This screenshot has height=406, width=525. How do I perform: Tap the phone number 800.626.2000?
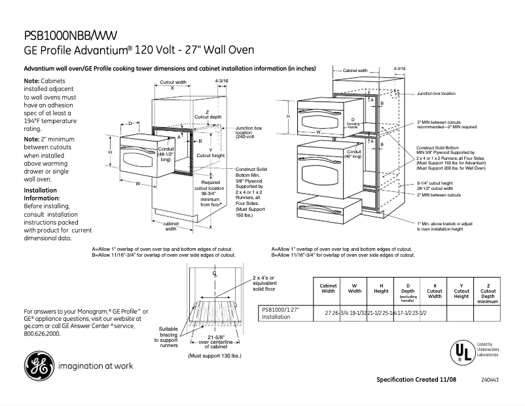coord(41,333)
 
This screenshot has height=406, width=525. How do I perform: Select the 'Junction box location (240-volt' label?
coord(249,133)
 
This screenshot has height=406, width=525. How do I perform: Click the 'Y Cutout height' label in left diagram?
coord(210,153)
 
